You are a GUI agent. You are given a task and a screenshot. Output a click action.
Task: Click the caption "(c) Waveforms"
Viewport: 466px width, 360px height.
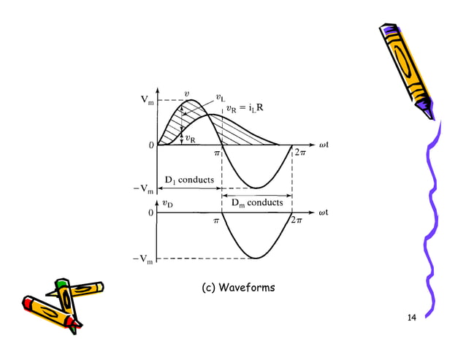coord(238,288)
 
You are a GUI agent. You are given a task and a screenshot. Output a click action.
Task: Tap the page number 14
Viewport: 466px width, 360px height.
coord(411,318)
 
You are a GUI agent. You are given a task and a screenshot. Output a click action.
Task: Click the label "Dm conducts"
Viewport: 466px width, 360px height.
coord(257,202)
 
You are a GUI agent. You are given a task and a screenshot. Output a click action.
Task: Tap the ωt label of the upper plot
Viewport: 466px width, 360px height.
coord(321,145)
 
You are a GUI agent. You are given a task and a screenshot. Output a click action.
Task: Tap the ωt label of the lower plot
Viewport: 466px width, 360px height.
coord(321,212)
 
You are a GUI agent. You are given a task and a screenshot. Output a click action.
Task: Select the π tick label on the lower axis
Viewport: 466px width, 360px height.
coord(216,221)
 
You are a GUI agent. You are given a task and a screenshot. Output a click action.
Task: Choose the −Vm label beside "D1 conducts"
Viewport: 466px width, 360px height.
coord(146,191)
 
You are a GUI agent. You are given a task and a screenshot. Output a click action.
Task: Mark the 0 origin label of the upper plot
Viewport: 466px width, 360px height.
coord(150,145)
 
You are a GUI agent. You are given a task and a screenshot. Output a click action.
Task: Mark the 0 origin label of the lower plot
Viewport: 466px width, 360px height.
coord(150,213)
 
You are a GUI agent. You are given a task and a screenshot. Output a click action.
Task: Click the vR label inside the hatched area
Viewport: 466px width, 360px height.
coord(189,138)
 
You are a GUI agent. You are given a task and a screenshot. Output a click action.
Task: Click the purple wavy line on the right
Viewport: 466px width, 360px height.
coord(431,219)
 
